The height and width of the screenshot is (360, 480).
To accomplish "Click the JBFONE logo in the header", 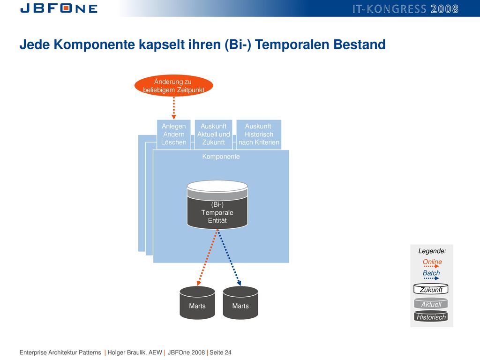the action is click(59, 8).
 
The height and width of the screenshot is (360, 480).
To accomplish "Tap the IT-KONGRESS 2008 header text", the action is click(405, 9).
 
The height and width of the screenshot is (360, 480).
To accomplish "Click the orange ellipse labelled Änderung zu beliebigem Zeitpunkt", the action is click(173, 86).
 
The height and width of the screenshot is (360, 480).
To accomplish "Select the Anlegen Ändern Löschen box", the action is click(173, 135).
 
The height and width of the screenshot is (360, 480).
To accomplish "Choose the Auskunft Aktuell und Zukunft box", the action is click(213, 135).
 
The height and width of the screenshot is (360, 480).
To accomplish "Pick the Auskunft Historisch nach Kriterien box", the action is click(259, 135).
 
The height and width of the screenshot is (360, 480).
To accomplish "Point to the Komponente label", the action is click(221, 157).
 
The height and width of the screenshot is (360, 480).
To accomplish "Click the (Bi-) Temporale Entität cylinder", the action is click(217, 204).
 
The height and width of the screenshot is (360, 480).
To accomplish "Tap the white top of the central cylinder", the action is click(217, 186).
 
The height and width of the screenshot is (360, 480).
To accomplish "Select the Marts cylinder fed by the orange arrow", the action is click(197, 303).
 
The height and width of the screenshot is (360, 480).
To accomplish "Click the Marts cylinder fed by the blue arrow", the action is click(240, 303).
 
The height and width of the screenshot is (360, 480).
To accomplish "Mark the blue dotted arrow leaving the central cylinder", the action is click(229, 257).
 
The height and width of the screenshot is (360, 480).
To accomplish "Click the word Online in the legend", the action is click(432, 262).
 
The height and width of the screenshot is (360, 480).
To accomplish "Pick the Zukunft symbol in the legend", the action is click(431, 289).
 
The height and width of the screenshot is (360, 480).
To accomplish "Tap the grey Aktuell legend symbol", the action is click(431, 303).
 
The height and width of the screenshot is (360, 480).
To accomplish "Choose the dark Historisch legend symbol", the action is click(431, 316).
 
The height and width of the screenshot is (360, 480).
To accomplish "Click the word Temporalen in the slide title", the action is click(292, 45).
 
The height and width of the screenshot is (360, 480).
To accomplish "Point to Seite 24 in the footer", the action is click(220, 352).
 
